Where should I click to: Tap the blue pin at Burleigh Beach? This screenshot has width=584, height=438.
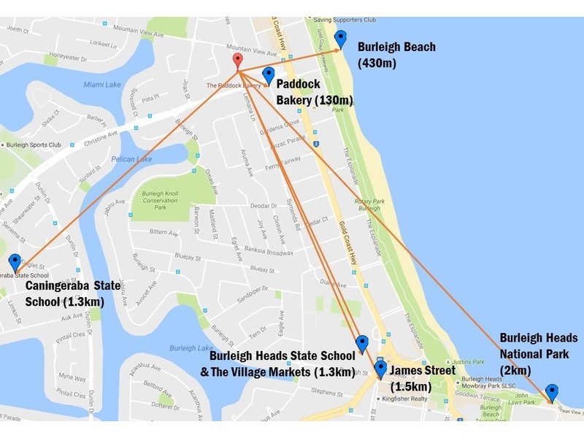coord(340,39)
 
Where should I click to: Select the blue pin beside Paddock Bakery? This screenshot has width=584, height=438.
coord(268,75)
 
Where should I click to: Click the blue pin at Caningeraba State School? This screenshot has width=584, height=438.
coord(15,263)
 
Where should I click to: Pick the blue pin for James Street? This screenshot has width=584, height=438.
coord(380,369)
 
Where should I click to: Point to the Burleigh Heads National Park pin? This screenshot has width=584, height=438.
coord(552,393)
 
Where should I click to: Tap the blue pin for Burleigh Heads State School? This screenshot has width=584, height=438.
coord(361,344)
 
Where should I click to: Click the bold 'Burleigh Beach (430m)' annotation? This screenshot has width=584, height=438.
coord(396,55)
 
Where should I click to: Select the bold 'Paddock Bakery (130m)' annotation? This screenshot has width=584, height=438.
coord(315,93)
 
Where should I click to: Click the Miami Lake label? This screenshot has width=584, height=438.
coord(101,85)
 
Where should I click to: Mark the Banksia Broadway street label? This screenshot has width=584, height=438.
coord(271,253)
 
